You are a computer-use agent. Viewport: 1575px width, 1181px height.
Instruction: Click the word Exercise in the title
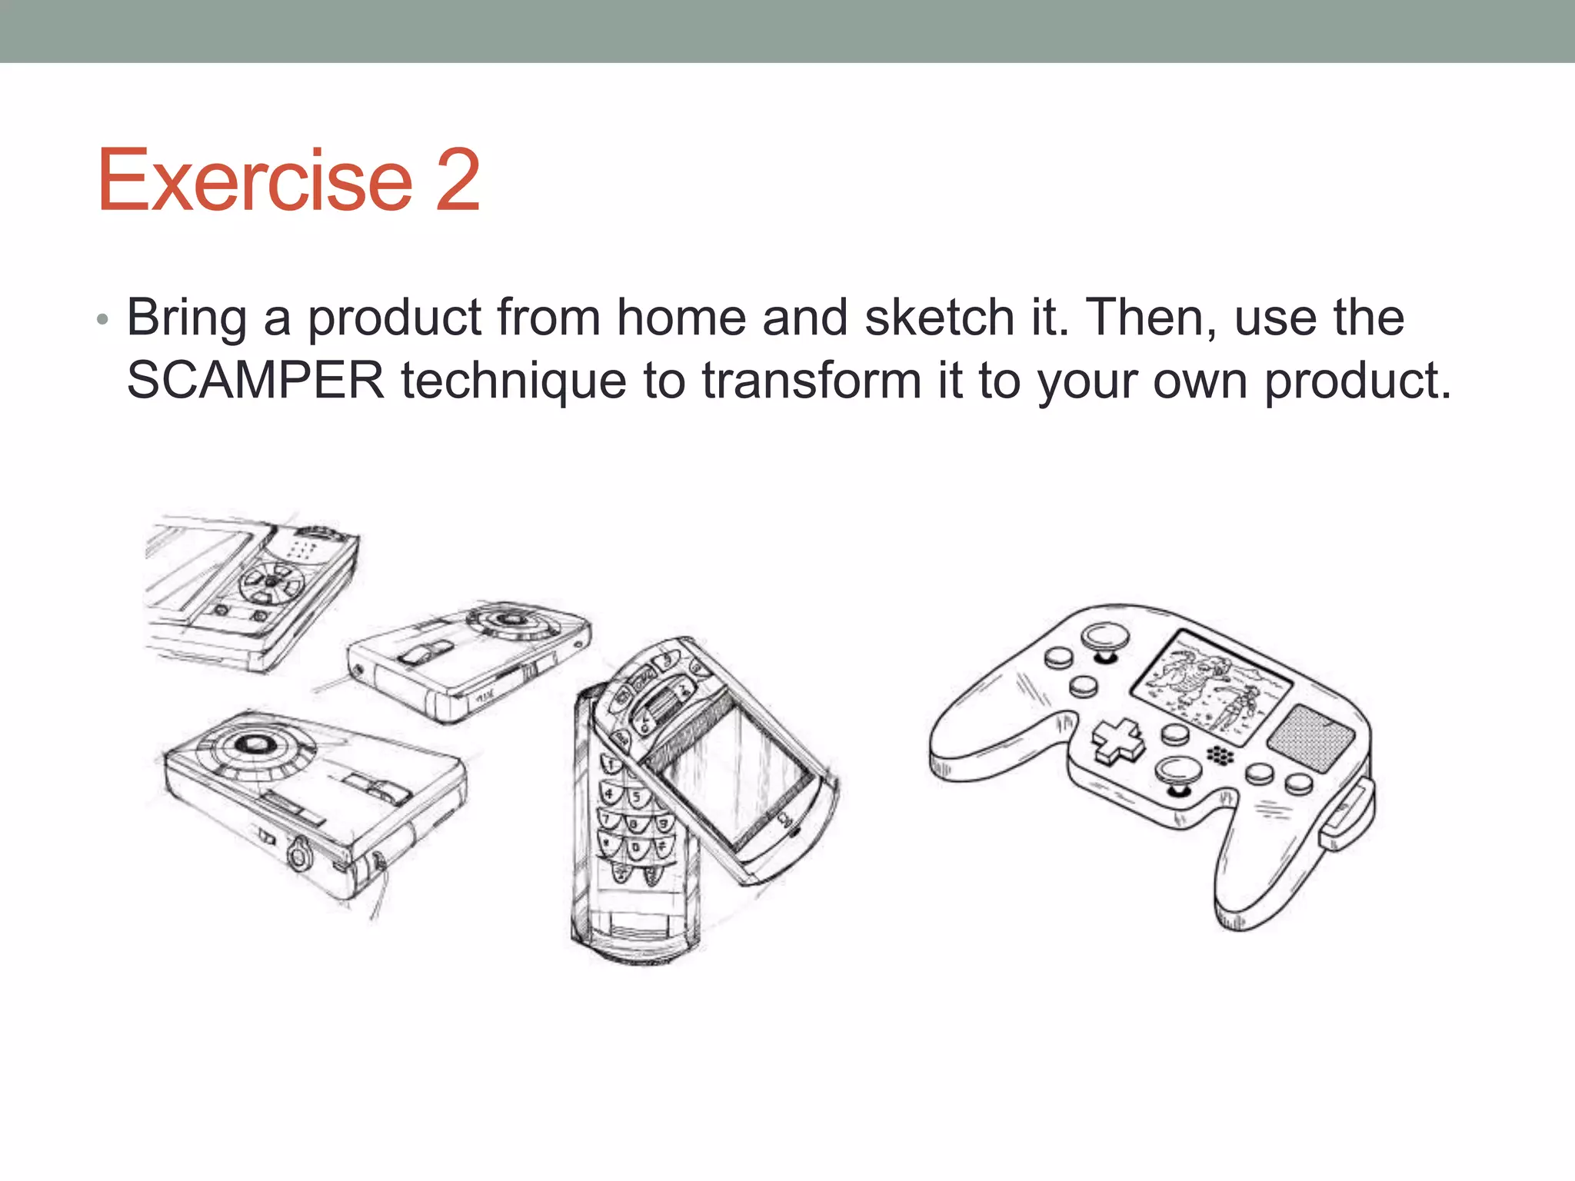(255, 180)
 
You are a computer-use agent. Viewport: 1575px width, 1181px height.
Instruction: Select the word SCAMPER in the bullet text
(255, 380)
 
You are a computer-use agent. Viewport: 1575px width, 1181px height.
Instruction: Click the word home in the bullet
(681, 317)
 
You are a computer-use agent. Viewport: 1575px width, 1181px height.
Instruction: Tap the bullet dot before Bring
(103, 319)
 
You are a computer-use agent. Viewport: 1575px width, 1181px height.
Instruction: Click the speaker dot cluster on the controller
(1219, 755)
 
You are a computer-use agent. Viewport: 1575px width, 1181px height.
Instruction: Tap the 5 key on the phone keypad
(636, 797)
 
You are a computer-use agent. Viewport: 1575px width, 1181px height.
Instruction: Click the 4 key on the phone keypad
(611, 793)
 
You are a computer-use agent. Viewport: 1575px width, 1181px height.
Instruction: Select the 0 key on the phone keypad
(635, 849)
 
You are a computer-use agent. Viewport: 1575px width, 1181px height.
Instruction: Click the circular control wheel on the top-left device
(271, 584)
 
